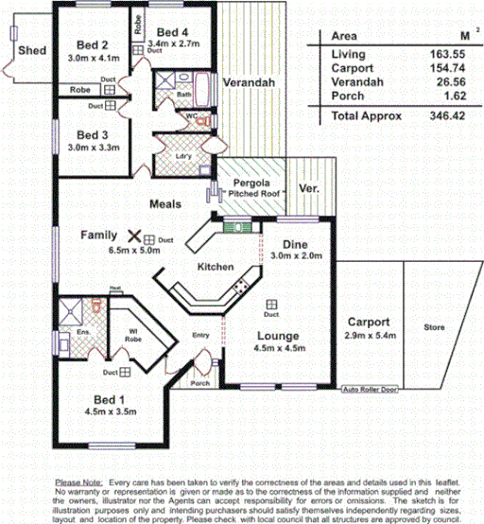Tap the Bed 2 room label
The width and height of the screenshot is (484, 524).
coord(91,44)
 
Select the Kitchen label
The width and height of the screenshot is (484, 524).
coord(215,268)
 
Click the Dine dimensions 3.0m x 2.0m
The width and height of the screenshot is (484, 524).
coord(296,255)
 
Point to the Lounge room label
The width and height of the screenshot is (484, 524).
coord(279,336)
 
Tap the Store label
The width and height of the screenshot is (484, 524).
coord(434,327)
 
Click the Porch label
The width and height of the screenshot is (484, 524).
coord(200,383)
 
